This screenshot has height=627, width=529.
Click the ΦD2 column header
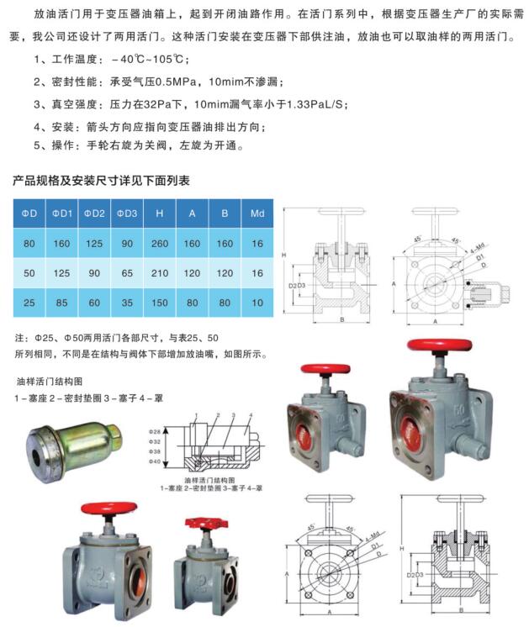click(93, 213)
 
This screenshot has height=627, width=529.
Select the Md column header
click(257, 213)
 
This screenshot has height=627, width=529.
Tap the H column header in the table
click(159, 213)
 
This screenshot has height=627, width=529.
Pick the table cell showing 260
click(159, 244)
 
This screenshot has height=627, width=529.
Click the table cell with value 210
click(159, 273)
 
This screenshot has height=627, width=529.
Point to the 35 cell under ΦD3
click(126, 302)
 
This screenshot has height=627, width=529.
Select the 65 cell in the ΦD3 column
click(126, 273)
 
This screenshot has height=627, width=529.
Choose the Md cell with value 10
click(257, 302)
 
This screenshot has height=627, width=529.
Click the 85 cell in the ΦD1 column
click(61, 302)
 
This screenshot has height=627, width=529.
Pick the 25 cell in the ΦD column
click(29, 302)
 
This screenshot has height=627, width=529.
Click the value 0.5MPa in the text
click(181, 82)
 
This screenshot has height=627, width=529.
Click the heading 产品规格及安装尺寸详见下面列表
click(101, 181)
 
